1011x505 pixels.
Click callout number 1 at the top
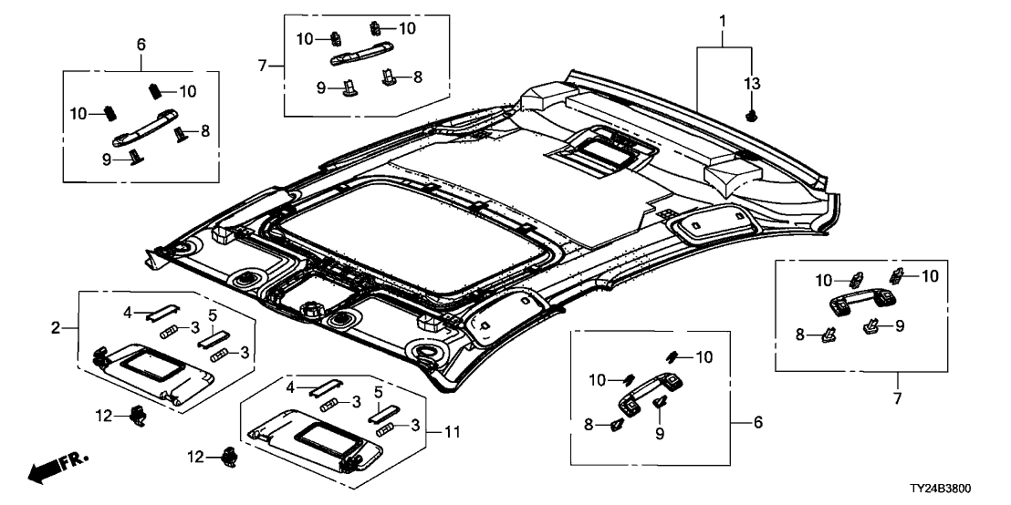[x=722, y=19]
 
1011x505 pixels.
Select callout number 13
[x=751, y=84]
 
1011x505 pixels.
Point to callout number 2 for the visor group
[x=57, y=327]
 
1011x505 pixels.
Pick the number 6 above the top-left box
[x=141, y=43]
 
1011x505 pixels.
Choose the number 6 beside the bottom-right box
[x=758, y=423]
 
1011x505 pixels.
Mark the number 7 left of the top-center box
[x=263, y=66]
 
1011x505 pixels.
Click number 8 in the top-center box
[x=418, y=78]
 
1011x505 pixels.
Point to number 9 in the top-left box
[x=106, y=158]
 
